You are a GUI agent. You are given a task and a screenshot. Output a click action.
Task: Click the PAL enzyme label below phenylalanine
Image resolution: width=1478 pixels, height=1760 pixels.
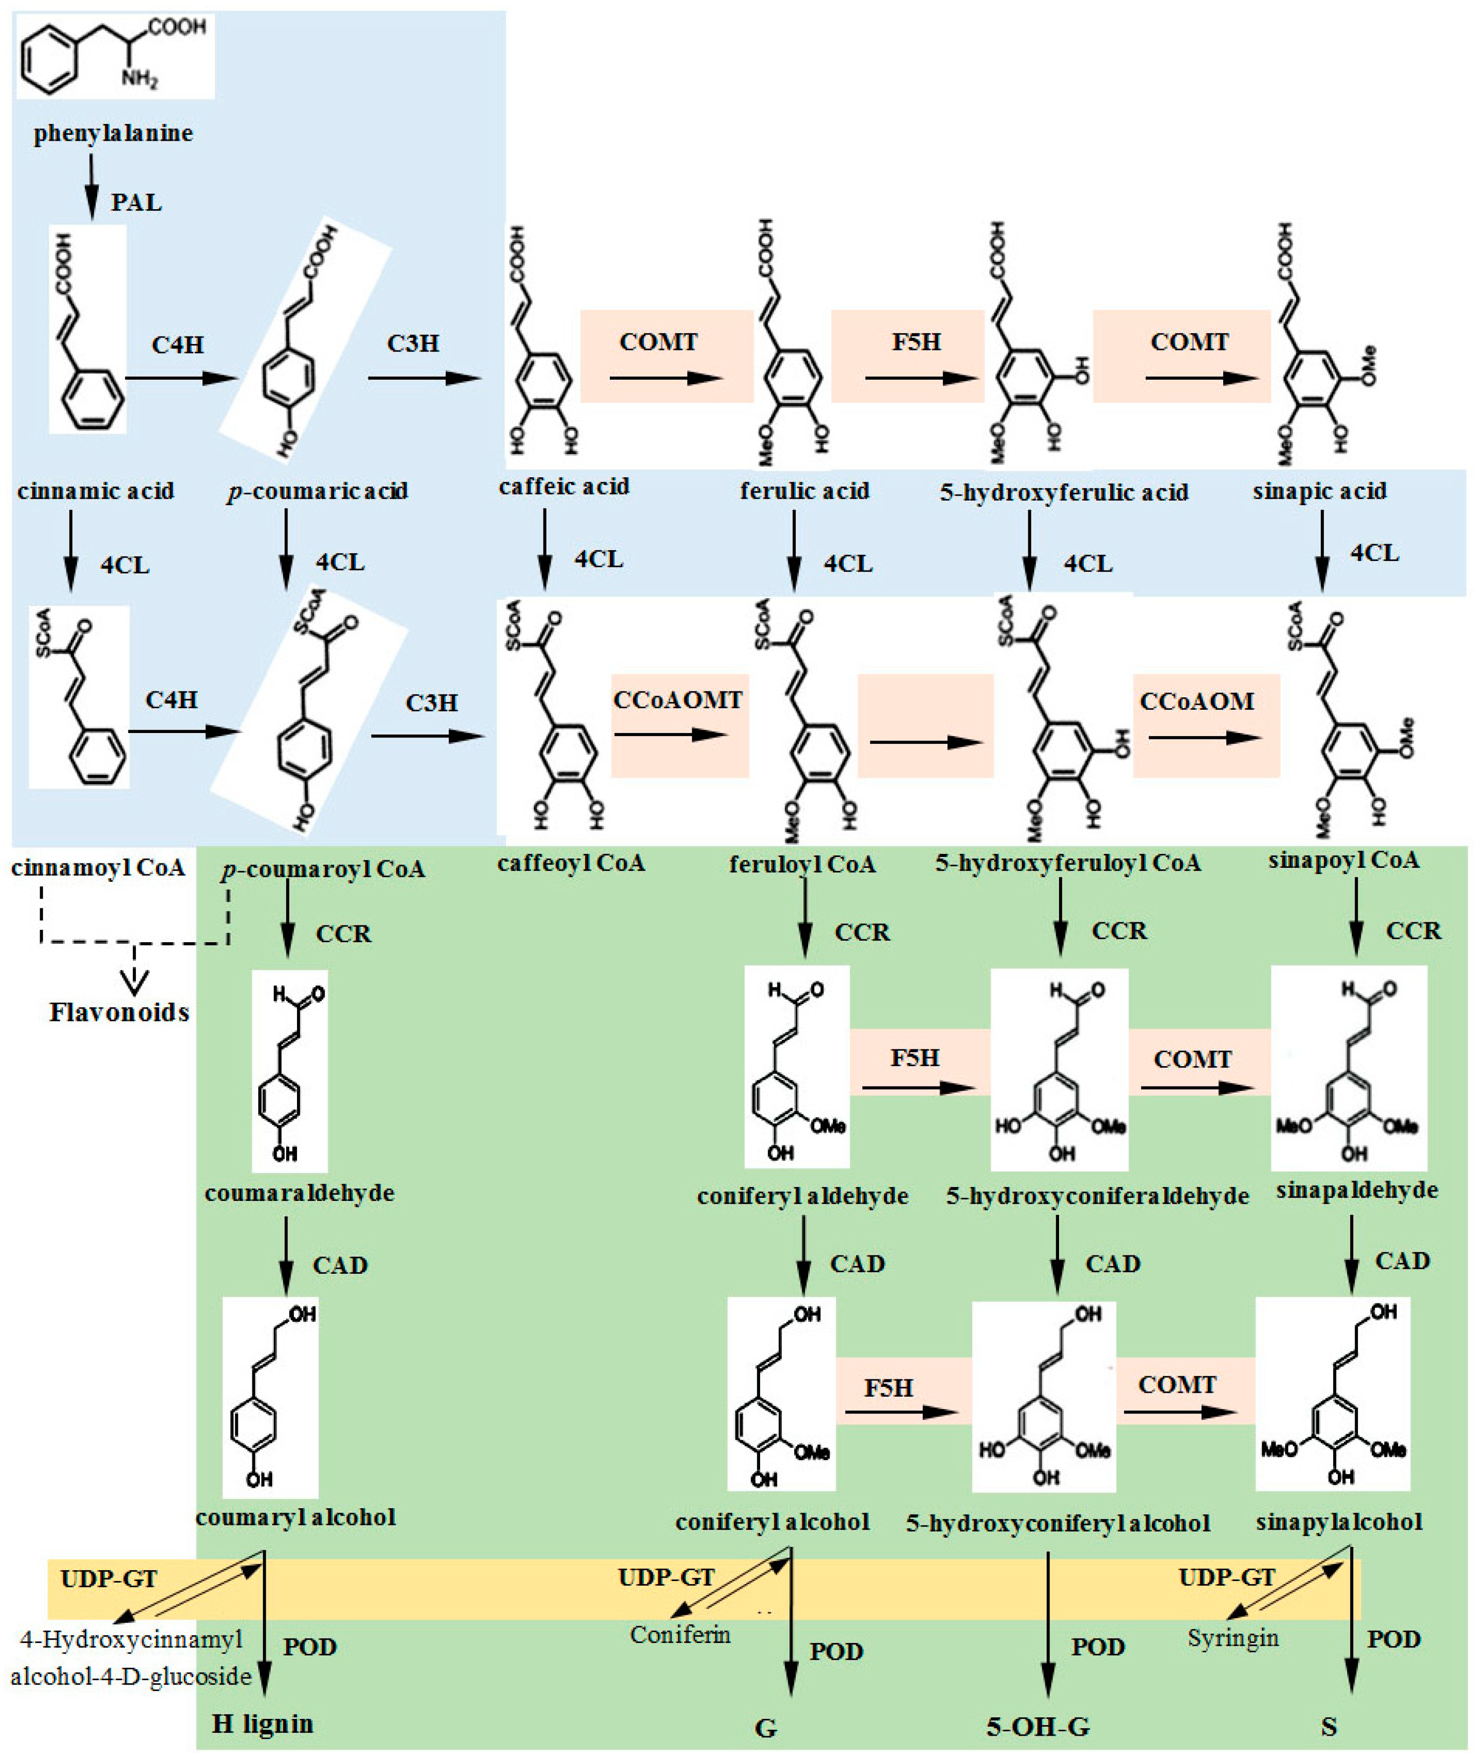tap(136, 203)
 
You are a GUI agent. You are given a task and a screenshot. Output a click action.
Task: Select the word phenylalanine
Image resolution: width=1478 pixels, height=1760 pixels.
tap(113, 132)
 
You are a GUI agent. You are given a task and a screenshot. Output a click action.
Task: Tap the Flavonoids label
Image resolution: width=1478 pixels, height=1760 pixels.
tap(119, 1013)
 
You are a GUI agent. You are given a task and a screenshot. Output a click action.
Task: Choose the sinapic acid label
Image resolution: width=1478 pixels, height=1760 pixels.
tap(1319, 491)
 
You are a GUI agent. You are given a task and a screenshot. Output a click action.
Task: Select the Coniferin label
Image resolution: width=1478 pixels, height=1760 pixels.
tap(680, 1634)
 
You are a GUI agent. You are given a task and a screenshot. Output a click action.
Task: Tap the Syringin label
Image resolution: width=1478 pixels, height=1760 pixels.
tap(1233, 1638)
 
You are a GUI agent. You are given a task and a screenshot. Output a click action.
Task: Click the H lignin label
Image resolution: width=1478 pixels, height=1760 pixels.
tap(262, 1723)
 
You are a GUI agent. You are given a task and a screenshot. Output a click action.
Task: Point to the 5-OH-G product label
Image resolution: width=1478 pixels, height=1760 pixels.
tap(1038, 1726)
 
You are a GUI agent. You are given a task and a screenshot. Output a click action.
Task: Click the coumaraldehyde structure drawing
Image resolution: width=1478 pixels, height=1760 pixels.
tap(289, 1071)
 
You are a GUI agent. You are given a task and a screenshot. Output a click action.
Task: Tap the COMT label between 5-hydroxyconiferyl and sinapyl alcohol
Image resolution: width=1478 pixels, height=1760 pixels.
tap(1176, 1384)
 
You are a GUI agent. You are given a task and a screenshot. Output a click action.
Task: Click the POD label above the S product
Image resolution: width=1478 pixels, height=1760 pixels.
tap(1393, 1640)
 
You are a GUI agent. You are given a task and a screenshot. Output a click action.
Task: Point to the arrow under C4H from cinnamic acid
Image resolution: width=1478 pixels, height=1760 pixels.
tap(181, 378)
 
